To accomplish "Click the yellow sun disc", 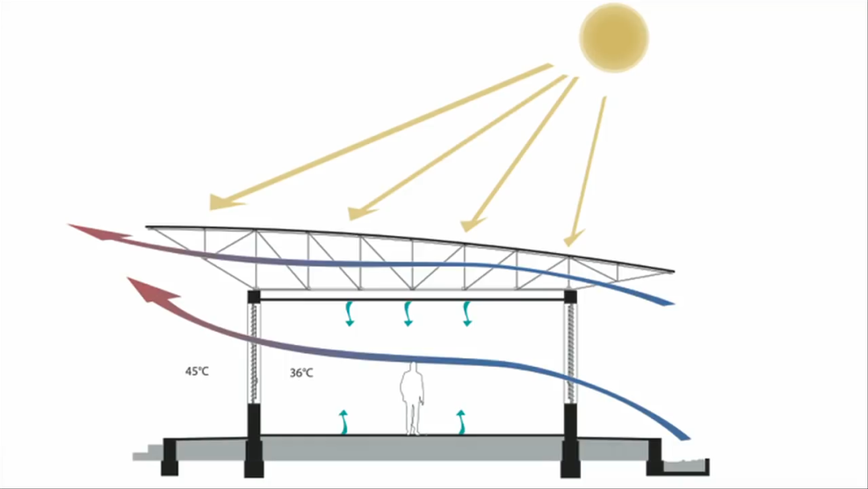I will pyautogui.click(x=614, y=37).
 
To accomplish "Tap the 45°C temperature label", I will pyautogui.click(x=197, y=372).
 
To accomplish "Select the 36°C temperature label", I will pyautogui.click(x=301, y=373).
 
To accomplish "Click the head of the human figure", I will pyautogui.click(x=413, y=368).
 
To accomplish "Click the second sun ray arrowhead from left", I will pyautogui.click(x=358, y=213).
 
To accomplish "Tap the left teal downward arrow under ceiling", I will pyautogui.click(x=349, y=314).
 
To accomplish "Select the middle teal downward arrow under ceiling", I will pyautogui.click(x=408, y=314).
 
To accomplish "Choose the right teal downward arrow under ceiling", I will pyautogui.click(x=467, y=314).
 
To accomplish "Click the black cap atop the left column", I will pyautogui.click(x=255, y=296).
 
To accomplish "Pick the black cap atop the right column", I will pyautogui.click(x=571, y=296).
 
